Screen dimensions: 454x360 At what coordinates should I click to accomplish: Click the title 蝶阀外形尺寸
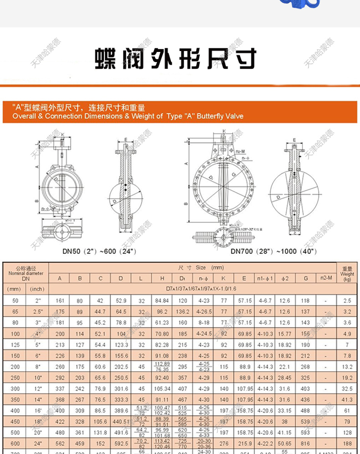pyautogui.click(x=176, y=59)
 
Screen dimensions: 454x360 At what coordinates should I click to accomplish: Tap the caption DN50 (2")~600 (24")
pyautogui.click(x=99, y=251)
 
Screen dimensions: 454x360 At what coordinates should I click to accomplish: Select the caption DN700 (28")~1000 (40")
pyautogui.click(x=274, y=251)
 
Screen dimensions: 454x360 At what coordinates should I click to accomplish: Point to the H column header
pyautogui.click(x=162, y=278)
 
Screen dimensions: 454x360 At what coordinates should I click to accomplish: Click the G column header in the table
pyautogui.click(x=305, y=278)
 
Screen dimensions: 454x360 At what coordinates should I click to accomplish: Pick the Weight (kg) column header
pyautogui.click(x=347, y=274)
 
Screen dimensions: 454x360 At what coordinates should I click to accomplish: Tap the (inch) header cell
pyautogui.click(x=37, y=289)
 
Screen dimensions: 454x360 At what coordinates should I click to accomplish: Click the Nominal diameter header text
pyautogui.click(x=26, y=273)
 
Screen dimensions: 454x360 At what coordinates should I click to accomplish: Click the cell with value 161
pyautogui.click(x=60, y=301)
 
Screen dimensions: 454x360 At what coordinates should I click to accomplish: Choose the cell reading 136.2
pyautogui.click(x=183, y=312)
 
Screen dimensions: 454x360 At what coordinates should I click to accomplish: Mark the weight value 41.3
pyautogui.click(x=347, y=400)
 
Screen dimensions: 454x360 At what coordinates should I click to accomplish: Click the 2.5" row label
pyautogui.click(x=37, y=312)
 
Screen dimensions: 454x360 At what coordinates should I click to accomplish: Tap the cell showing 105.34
pyautogui.click(x=162, y=389)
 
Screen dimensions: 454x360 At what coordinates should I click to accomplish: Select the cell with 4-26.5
pyautogui.click(x=204, y=312)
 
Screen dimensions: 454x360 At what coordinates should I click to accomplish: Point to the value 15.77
pyautogui.click(x=284, y=334)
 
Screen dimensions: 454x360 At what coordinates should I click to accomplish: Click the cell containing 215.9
pyautogui.click(x=244, y=444)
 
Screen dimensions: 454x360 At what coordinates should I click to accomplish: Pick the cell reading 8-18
pyautogui.click(x=204, y=323)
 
